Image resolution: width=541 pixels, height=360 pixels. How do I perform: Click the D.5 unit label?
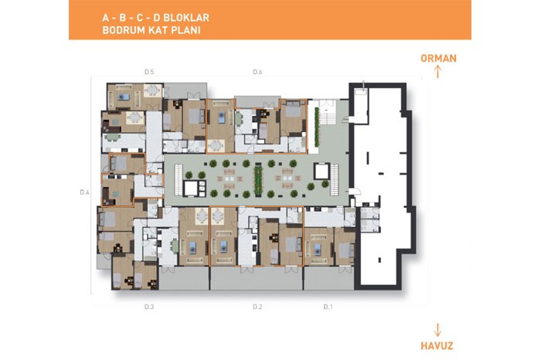tap(149, 72)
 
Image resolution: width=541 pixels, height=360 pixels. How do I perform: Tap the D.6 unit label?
tap(257, 72)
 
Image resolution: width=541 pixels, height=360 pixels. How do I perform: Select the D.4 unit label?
tap(84, 192)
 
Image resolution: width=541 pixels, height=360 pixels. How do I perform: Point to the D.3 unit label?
tap(149, 307)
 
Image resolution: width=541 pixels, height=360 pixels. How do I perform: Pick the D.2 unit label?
tap(257, 307)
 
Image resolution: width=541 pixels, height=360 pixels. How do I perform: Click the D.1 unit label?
tap(328, 307)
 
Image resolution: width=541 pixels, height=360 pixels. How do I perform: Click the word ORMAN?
tap(438, 58)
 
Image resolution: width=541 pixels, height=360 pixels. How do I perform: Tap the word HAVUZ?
tap(437, 345)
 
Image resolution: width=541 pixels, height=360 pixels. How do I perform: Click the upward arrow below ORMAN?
tap(437, 71)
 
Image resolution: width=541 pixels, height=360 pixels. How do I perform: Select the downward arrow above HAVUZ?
tap(437, 330)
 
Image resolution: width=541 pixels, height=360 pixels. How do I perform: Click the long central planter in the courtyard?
tap(258, 181)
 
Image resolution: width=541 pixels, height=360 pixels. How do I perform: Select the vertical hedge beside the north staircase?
tap(316, 127)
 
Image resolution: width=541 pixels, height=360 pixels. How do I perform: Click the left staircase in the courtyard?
tap(179, 180)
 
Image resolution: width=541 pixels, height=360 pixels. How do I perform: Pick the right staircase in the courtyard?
tap(334, 180)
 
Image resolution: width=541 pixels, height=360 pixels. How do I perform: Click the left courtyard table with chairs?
tap(229, 179)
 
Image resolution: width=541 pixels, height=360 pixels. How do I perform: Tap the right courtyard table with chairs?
tap(287, 178)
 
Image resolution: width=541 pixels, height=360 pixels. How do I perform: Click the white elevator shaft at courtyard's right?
tap(322, 172)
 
